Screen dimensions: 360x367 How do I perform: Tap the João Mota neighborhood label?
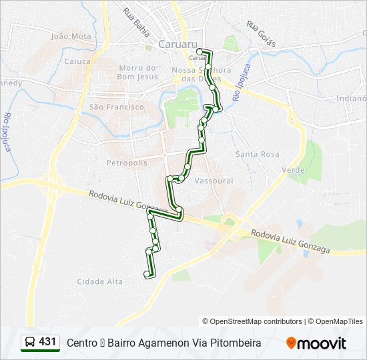click(71, 36)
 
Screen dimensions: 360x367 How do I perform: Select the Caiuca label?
click(77, 61)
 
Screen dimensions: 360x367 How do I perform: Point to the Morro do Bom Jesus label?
click(137, 72)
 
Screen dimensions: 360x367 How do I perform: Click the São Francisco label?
click(116, 107)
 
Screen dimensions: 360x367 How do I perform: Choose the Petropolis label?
click(122, 163)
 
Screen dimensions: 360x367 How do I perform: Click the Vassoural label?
click(214, 181)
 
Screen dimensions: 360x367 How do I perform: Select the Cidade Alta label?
click(100, 281)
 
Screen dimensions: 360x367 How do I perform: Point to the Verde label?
click(294, 170)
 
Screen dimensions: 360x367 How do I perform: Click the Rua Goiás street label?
click(261, 34)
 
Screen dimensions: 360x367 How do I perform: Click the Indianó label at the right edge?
click(352, 99)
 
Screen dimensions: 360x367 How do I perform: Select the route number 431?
click(48, 342)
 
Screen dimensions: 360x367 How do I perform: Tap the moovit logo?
click(316, 343)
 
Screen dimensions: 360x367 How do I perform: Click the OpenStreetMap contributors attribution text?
click(252, 321)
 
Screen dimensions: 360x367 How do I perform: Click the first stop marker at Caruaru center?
click(200, 51)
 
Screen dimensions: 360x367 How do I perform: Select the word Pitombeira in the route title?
click(234, 343)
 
